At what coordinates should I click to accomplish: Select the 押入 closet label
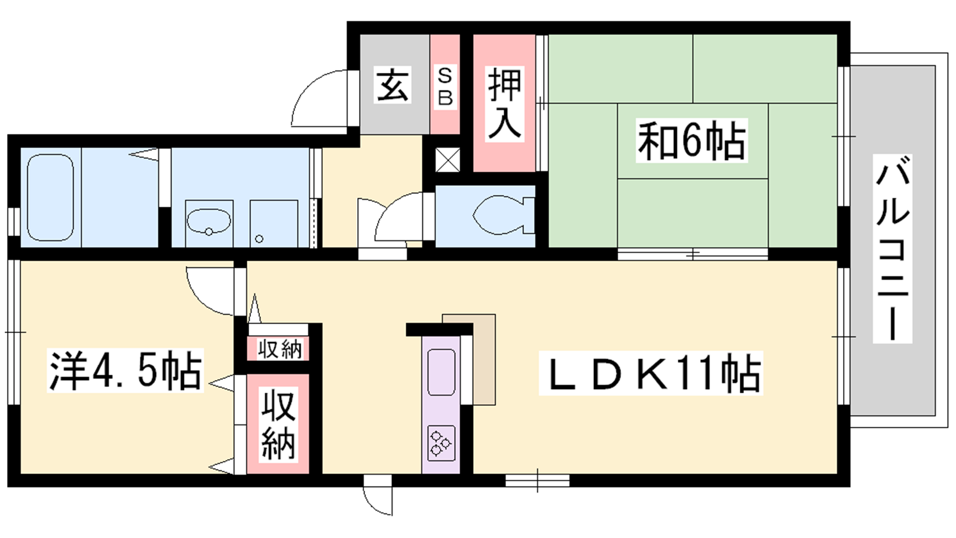tap(505, 104)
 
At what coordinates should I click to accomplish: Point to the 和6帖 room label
tap(691, 140)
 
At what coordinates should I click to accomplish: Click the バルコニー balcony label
tap(892, 249)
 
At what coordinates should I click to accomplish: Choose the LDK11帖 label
tap(651, 373)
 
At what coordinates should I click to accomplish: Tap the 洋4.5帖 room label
tap(125, 370)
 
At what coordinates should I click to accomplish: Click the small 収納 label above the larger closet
tap(280, 350)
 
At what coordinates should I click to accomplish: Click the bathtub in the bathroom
tap(50, 198)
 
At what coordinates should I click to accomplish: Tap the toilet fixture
tap(504, 215)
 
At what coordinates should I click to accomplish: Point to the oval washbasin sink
tap(209, 221)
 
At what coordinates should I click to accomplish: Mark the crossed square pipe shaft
tap(448, 160)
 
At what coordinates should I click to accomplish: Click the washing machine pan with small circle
tap(274, 224)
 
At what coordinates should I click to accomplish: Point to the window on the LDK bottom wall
tap(537, 481)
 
